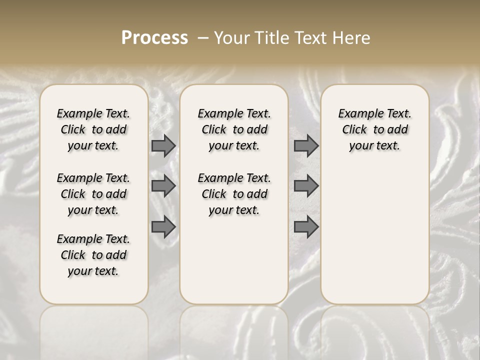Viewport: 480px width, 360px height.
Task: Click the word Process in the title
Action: tap(154, 38)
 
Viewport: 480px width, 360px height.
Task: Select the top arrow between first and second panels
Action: tap(163, 145)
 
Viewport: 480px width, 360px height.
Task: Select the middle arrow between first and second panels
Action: tap(163, 186)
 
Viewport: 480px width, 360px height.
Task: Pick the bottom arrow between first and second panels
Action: tap(163, 227)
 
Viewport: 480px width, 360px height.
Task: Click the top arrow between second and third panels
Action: tap(306, 145)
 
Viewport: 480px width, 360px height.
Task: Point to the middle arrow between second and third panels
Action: tap(306, 186)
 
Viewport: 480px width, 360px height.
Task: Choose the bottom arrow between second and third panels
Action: tap(306, 227)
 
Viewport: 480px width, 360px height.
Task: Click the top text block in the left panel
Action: tap(93, 129)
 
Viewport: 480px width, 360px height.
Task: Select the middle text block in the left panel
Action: tap(93, 194)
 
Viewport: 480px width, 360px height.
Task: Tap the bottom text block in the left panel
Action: tap(93, 255)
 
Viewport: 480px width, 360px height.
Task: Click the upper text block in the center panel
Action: tap(234, 129)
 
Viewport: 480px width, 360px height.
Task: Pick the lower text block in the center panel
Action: tap(234, 194)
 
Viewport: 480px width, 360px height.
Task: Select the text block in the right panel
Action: tap(375, 129)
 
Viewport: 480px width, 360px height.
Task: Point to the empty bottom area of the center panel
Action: tap(234, 265)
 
